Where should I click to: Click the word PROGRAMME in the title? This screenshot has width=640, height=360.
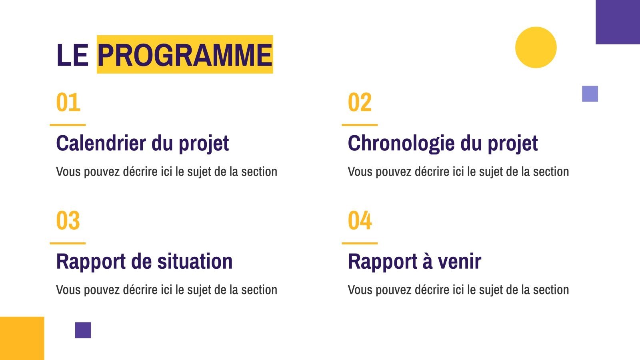tap(185, 54)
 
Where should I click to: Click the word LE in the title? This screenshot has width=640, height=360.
tap(72, 55)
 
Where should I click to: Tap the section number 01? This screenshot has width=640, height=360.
tap(68, 102)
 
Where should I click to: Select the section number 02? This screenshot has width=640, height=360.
tap(360, 102)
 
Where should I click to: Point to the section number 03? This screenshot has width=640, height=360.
tap(68, 220)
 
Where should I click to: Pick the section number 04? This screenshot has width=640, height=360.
tap(360, 220)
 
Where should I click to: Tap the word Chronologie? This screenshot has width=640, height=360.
tap(401, 144)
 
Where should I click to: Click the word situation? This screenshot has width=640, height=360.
tap(195, 261)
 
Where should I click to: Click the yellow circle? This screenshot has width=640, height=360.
tap(536, 48)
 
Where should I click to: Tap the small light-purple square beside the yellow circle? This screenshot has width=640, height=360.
tap(590, 94)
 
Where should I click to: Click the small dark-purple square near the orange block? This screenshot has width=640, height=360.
tap(83, 330)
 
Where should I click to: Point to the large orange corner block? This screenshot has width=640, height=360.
tap(22, 338)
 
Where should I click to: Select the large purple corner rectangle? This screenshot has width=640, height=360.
tap(618, 22)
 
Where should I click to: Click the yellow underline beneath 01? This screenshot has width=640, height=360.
tap(68, 125)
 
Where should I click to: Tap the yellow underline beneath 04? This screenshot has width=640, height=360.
tap(360, 244)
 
